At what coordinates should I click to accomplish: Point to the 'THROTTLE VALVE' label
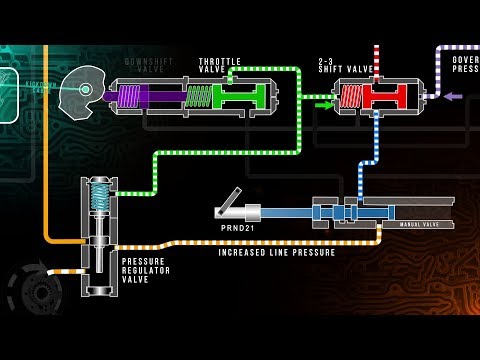click(x=220, y=66)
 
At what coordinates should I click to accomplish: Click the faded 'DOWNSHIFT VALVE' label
click(x=149, y=66)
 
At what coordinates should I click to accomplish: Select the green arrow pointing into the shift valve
click(x=324, y=100)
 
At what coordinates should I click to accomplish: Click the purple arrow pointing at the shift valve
click(x=453, y=97)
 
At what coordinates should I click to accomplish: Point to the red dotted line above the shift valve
click(x=376, y=60)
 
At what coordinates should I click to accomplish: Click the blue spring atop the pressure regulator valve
click(x=99, y=197)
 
